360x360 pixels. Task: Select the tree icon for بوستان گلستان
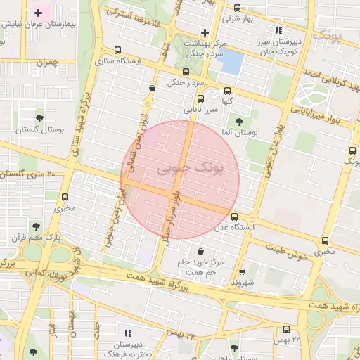tap(39, 117)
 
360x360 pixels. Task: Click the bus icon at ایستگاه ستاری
tap(117, 51)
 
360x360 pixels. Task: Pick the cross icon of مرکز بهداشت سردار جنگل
tap(205, 32)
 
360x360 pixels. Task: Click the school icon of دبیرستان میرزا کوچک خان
tap(279, 31)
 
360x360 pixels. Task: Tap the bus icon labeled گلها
tap(227, 91)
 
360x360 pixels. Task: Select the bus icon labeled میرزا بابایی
tap(200, 98)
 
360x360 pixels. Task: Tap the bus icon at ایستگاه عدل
tap(234, 217)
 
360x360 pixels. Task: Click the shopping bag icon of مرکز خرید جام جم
tap(201, 251)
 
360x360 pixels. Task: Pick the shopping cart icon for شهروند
tap(242, 271)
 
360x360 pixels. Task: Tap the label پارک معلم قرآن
tap(35, 237)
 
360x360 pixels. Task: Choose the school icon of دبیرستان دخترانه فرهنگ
tap(128, 333)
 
